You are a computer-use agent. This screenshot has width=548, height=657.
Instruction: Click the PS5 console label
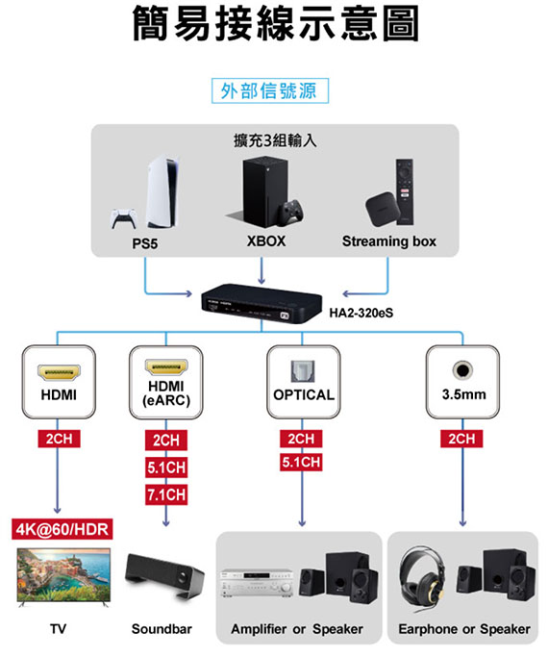click(145, 243)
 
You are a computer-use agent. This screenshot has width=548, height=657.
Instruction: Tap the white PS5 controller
click(123, 218)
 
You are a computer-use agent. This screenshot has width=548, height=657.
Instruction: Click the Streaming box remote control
click(405, 191)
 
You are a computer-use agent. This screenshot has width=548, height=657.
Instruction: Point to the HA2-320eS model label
click(361, 313)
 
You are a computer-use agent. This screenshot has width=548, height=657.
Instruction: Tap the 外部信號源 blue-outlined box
click(270, 90)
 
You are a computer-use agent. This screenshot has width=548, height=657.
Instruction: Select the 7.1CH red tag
click(166, 494)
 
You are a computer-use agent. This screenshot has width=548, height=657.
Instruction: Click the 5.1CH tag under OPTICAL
click(301, 462)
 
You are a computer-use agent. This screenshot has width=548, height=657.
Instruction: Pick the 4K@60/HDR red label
click(62, 529)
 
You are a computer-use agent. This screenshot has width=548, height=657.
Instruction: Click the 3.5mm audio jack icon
click(462, 370)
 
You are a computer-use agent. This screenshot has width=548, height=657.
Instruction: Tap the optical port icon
click(303, 371)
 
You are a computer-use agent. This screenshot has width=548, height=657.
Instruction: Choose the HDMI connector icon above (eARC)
click(166, 367)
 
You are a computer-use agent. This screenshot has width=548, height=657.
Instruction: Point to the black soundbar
click(164, 575)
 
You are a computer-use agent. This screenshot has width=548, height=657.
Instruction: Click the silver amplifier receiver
click(256, 582)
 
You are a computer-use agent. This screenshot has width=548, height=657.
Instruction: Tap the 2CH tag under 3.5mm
click(461, 439)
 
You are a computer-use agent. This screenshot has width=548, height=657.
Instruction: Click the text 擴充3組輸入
click(275, 140)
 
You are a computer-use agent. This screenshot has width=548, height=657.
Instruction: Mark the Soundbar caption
click(162, 629)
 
